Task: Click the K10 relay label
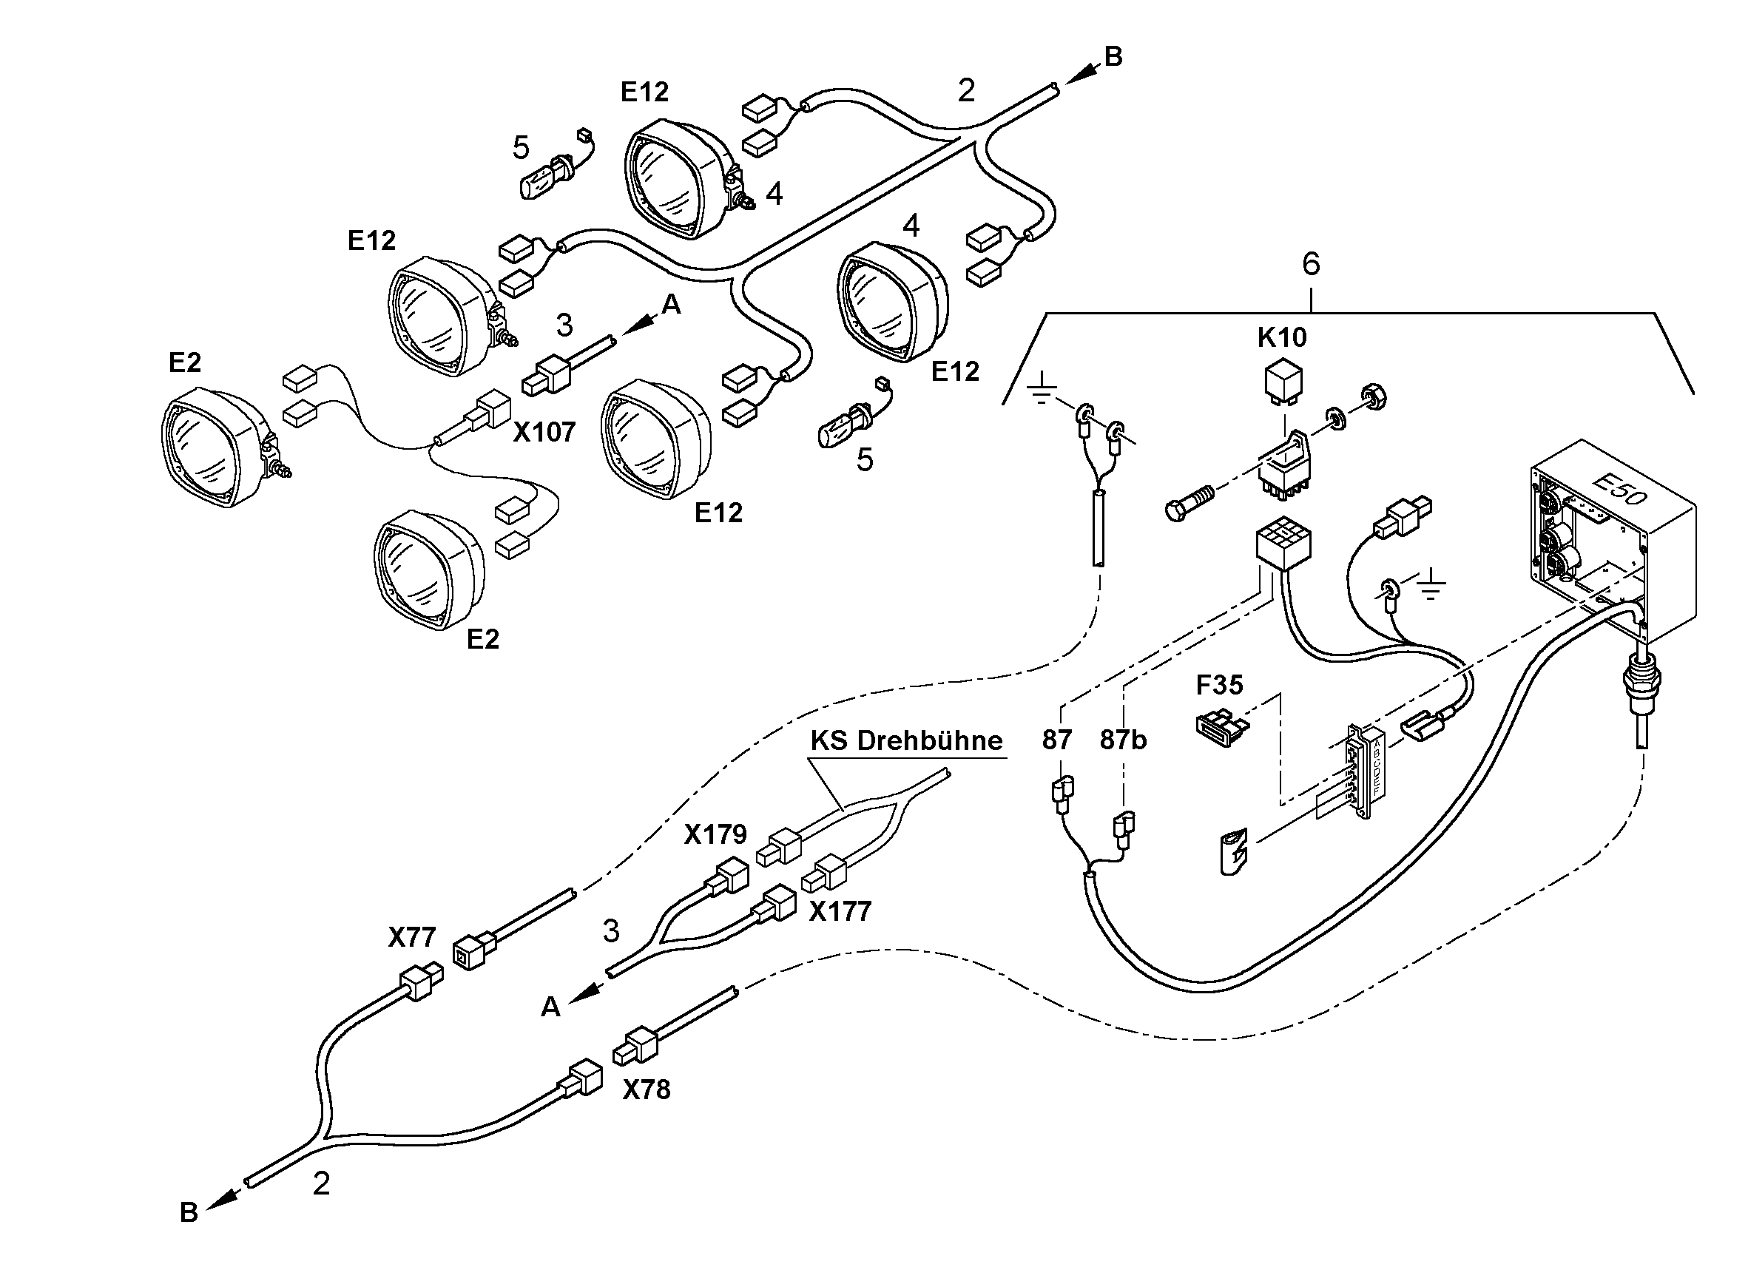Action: pos(1283,337)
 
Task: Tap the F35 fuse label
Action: pos(1219,684)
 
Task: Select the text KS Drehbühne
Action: pos(906,740)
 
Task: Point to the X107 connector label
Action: pos(544,433)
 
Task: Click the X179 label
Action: pos(715,834)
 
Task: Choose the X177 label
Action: pos(840,912)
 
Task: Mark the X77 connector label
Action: pos(411,937)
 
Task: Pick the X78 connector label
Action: pos(647,1089)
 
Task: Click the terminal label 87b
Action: pos(1123,740)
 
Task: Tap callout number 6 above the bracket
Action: pos(1310,264)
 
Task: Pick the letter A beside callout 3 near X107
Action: pos(671,305)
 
